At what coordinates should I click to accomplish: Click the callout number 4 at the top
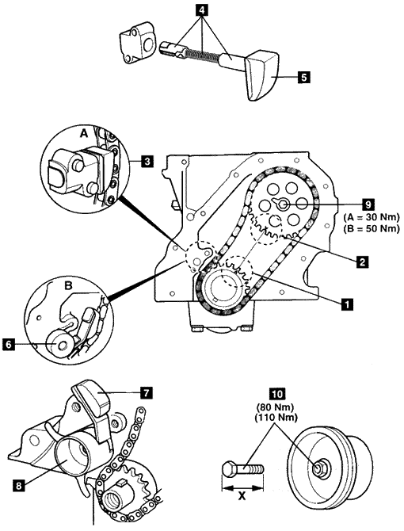(202, 10)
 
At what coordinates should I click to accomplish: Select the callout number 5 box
(303, 77)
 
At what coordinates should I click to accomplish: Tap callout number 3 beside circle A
(147, 161)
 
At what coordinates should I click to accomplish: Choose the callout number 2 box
(362, 262)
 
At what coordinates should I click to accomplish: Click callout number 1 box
(346, 304)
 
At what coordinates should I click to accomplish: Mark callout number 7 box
(147, 393)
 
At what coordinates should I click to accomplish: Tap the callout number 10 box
(276, 394)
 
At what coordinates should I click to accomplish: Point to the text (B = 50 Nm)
(372, 228)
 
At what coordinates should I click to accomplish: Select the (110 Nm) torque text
(276, 418)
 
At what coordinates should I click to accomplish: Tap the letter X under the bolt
(242, 496)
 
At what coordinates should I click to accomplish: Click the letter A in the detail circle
(83, 134)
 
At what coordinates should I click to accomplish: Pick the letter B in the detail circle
(68, 286)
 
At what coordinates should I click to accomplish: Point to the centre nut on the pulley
(318, 468)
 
